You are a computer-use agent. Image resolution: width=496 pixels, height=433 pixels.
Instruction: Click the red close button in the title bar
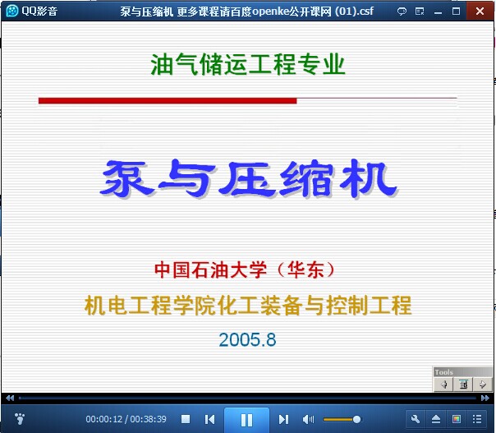pyautogui.click(x=480, y=12)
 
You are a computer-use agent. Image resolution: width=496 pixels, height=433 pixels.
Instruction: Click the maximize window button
pyautogui.click(x=456, y=12)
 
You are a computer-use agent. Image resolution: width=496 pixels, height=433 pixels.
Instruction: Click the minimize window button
pyautogui.click(x=439, y=13)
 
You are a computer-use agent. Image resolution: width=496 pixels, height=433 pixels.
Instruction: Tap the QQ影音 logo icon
pyautogui.click(x=12, y=11)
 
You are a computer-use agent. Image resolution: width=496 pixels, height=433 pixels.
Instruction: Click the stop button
pyautogui.click(x=186, y=419)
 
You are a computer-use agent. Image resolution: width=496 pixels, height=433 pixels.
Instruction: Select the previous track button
pyautogui.click(x=209, y=419)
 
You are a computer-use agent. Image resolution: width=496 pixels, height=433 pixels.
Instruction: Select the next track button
pyautogui.click(x=284, y=419)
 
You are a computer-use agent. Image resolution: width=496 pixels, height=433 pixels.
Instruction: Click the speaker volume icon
pyautogui.click(x=308, y=419)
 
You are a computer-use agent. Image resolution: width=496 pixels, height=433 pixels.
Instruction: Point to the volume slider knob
pyautogui.click(x=357, y=419)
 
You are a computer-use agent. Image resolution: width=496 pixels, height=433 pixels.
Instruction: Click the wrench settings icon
pyautogui.click(x=416, y=419)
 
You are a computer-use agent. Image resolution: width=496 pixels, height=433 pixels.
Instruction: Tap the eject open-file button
pyautogui.click(x=436, y=419)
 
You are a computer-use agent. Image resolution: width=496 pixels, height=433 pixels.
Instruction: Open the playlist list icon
pyautogui.click(x=477, y=419)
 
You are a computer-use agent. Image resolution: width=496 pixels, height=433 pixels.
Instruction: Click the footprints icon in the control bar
pyautogui.click(x=20, y=418)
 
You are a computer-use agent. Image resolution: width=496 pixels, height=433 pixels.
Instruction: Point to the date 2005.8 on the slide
pyautogui.click(x=247, y=339)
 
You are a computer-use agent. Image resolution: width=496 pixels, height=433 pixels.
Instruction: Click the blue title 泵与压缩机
pyautogui.click(x=248, y=179)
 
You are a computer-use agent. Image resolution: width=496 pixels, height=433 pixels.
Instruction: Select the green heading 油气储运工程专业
pyautogui.click(x=248, y=64)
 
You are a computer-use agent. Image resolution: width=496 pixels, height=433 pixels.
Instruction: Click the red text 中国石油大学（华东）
pyautogui.click(x=245, y=269)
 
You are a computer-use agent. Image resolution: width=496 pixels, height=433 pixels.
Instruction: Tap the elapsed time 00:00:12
pyautogui.click(x=104, y=419)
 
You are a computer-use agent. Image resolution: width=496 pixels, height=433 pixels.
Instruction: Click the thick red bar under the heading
pyautogui.click(x=168, y=101)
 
